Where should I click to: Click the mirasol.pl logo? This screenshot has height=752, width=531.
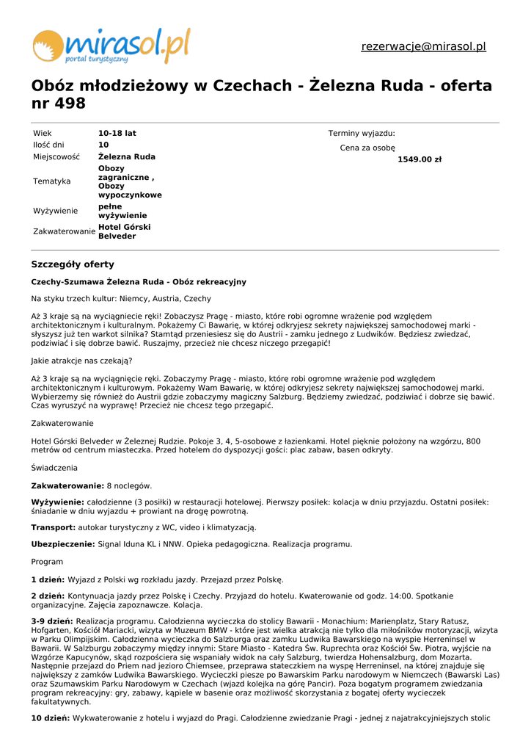(x=111, y=46)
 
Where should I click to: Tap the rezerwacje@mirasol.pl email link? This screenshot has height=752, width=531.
(x=423, y=47)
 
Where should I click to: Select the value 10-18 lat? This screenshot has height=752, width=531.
(x=117, y=134)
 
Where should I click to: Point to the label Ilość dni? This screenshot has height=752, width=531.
(x=48, y=145)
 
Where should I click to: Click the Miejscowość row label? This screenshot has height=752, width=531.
(x=58, y=157)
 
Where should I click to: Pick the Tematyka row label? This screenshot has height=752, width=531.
(x=52, y=181)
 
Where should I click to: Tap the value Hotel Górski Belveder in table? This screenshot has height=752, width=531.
(x=124, y=232)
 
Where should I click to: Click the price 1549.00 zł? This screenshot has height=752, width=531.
(x=420, y=159)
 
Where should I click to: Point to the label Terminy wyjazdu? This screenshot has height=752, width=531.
(x=362, y=134)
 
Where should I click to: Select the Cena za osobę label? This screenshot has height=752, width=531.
(x=367, y=148)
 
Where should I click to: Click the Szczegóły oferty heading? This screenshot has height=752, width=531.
(x=73, y=264)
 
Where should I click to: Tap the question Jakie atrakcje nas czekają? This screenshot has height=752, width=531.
(x=81, y=361)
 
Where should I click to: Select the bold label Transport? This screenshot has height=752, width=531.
(x=53, y=527)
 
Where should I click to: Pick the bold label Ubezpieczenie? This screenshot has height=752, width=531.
(x=63, y=544)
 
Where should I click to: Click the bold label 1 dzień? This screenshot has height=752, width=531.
(x=48, y=579)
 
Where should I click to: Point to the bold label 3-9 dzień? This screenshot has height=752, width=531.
(x=51, y=621)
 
